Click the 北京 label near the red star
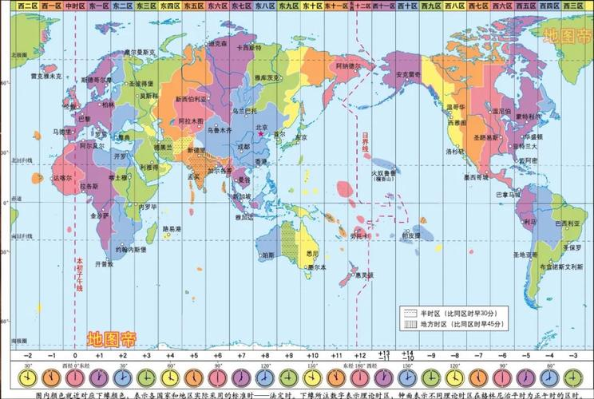click(261, 126)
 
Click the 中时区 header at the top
click(75, 6)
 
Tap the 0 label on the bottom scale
click(75, 354)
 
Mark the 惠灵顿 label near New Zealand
click(366, 275)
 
